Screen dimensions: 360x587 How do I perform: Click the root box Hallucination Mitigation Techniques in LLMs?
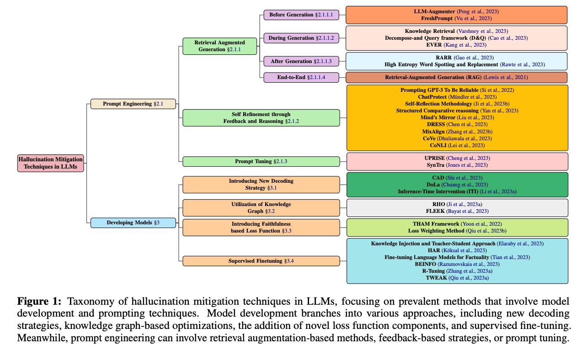(x=51, y=163)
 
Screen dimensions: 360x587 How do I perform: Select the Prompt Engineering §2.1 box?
(x=133, y=104)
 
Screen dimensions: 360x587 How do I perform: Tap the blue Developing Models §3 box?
(x=133, y=223)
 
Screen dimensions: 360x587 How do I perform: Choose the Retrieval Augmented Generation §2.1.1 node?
(x=219, y=46)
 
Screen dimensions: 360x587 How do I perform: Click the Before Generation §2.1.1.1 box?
(x=301, y=15)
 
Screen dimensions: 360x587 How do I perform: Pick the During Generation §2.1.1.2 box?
(x=301, y=38)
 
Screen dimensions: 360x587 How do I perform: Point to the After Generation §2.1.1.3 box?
(x=301, y=61)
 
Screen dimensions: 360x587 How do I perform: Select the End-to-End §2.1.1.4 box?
(x=301, y=78)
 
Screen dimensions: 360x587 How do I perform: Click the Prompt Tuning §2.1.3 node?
(x=261, y=162)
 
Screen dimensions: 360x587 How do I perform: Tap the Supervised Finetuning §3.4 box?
(x=261, y=261)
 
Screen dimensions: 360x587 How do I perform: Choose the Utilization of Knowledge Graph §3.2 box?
(x=261, y=208)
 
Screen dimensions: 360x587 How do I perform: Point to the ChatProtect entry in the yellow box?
(x=433, y=97)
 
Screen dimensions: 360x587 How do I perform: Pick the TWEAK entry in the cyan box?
(x=436, y=277)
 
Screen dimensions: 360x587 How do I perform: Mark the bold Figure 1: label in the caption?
(x=39, y=302)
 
